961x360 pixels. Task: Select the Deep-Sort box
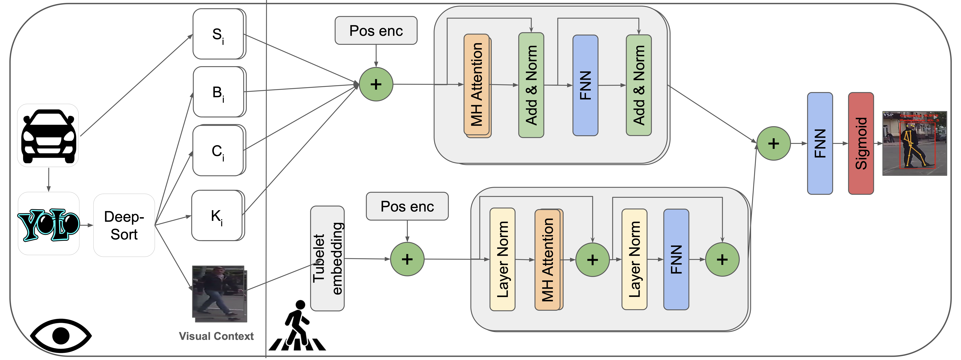pos(124,225)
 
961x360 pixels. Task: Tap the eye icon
pos(61,335)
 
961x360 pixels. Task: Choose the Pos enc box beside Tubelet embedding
pos(407,206)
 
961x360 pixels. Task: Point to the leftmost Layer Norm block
pos(502,259)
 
